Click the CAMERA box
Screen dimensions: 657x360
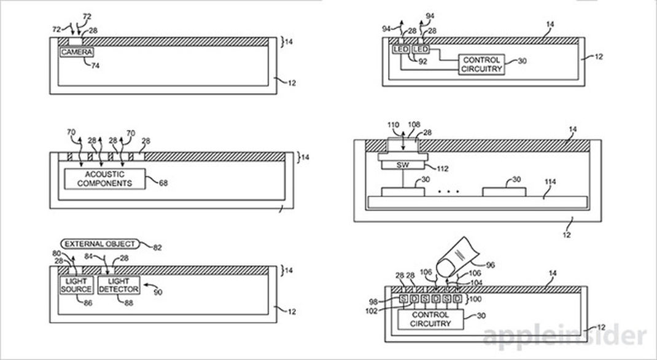click(x=76, y=52)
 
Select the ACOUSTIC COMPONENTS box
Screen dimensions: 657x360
click(x=104, y=179)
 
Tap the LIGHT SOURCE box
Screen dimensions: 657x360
click(x=76, y=285)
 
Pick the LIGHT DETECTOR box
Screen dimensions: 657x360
click(x=119, y=285)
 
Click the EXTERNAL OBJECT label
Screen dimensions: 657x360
click(x=100, y=244)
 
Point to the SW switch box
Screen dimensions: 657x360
click(x=403, y=165)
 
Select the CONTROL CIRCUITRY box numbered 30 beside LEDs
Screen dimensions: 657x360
click(x=481, y=65)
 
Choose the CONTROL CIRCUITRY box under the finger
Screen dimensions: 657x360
click(x=430, y=319)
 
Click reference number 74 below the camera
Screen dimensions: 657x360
click(x=95, y=65)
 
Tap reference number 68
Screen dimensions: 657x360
click(x=163, y=182)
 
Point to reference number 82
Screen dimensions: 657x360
click(x=157, y=248)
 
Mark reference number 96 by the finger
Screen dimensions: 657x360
click(x=490, y=265)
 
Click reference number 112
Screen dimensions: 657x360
click(x=442, y=169)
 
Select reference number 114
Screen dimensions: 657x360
click(x=550, y=182)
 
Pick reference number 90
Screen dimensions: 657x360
click(x=158, y=292)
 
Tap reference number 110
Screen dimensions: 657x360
click(x=394, y=125)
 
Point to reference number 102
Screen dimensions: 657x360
click(x=371, y=311)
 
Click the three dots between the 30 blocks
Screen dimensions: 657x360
click(x=448, y=192)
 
